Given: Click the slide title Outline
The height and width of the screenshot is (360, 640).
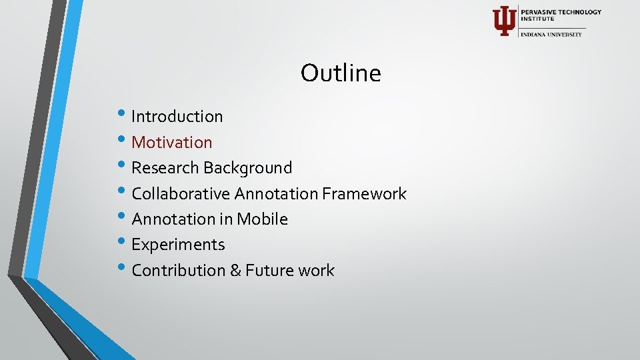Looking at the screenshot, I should pyautogui.click(x=341, y=73).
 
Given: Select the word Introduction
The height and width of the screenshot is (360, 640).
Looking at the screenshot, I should pyautogui.click(x=177, y=116).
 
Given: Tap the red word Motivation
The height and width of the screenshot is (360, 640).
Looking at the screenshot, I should pyautogui.click(x=172, y=142).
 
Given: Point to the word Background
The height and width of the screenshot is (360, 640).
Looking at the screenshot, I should pyautogui.click(x=248, y=168).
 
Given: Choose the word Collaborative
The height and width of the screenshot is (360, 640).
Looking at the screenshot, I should pyautogui.click(x=181, y=194).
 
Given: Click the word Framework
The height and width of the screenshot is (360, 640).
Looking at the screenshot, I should pyautogui.click(x=364, y=194).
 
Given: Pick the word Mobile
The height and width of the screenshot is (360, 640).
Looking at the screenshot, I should pyautogui.click(x=262, y=219).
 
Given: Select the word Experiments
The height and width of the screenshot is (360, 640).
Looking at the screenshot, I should pyautogui.click(x=178, y=245).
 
